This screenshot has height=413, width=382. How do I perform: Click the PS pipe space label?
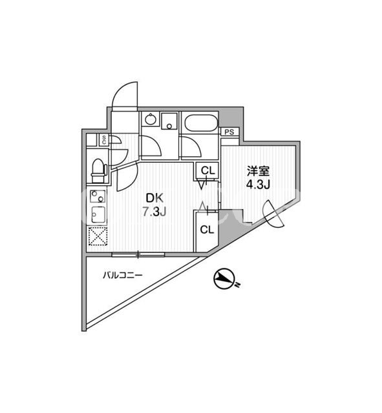229,132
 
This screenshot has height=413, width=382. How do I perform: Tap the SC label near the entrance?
104,139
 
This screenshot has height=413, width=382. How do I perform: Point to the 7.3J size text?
154,211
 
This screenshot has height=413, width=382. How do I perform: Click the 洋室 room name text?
258,172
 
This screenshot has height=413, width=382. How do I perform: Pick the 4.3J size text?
258,185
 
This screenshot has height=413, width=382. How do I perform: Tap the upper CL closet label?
208,170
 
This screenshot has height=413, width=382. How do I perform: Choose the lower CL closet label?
207,230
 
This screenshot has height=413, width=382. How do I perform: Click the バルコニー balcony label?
123,276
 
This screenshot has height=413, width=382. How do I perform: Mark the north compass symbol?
225,279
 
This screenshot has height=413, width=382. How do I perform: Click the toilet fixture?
98,170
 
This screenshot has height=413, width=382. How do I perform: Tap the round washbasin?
151,120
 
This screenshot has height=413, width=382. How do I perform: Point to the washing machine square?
169,121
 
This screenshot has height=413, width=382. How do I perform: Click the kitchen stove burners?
98,196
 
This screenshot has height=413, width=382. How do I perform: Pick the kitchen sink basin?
98,215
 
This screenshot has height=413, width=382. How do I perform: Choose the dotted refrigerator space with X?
98,236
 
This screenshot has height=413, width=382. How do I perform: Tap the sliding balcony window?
138,254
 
